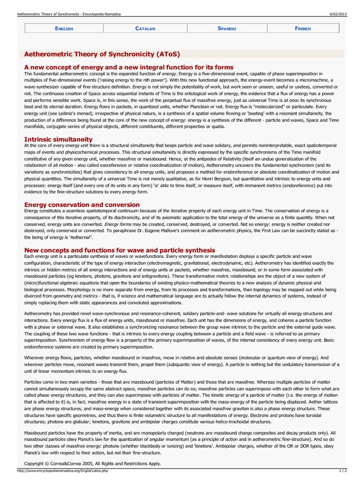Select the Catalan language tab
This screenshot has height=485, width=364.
pyautogui.click(x=145, y=28)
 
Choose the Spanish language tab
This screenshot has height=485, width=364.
pyautogui.click(x=227, y=28)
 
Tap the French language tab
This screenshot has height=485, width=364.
pyautogui.click(x=302, y=28)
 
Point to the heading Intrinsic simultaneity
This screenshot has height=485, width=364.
pyautogui.click(x=58, y=139)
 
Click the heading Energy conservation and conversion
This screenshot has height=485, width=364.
pyautogui.click(x=82, y=205)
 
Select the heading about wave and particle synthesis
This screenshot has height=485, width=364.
pyautogui.click(x=119, y=250)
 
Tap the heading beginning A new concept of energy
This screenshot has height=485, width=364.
pyautogui.click(x=128, y=67)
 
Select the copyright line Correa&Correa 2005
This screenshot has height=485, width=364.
pyautogui.click(x=92, y=463)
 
